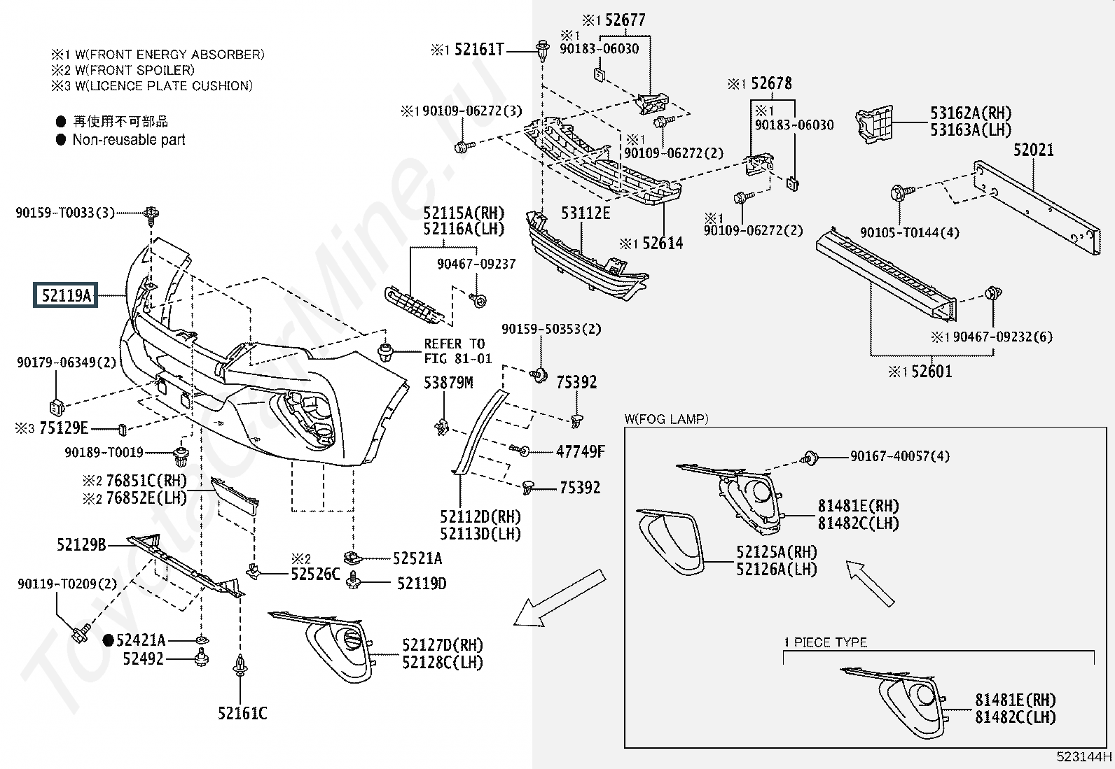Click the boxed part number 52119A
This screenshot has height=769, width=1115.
coord(65,295)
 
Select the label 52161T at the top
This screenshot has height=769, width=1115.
coord(479,49)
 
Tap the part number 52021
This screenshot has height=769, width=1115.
coord(1034,150)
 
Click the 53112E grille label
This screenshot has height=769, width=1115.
coord(586,213)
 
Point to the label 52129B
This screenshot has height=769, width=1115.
coord(82,544)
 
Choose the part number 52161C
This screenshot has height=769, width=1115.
coord(242,713)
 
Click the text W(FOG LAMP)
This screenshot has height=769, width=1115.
coord(667,419)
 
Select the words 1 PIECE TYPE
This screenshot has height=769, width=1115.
coord(826,642)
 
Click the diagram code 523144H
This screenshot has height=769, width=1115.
coord(1084,756)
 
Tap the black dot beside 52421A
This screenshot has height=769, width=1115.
coord(108,640)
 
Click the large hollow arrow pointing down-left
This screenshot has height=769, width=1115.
coord(560,598)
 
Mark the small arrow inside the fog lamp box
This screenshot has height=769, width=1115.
coord(870,584)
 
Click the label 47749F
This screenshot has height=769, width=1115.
coord(581,451)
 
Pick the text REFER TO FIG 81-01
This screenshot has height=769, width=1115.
coord(458,351)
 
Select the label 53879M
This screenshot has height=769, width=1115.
coord(448,383)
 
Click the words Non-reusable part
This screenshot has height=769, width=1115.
coord(129,140)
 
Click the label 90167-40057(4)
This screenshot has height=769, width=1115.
coord(900,456)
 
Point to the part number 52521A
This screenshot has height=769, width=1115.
coord(417,558)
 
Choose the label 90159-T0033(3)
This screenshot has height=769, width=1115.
coord(65,213)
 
